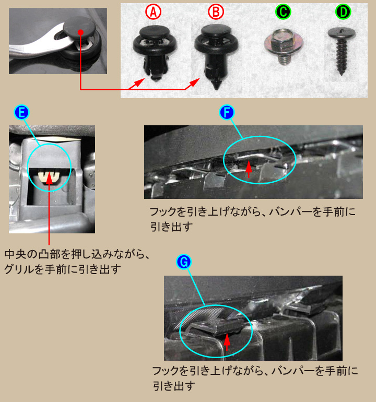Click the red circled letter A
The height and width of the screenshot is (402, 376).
tap(152, 11)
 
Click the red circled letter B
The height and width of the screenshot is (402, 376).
tap(215, 11)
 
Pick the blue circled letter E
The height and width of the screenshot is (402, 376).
tap(22, 112)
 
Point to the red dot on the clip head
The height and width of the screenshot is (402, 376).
tap(80, 32)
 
